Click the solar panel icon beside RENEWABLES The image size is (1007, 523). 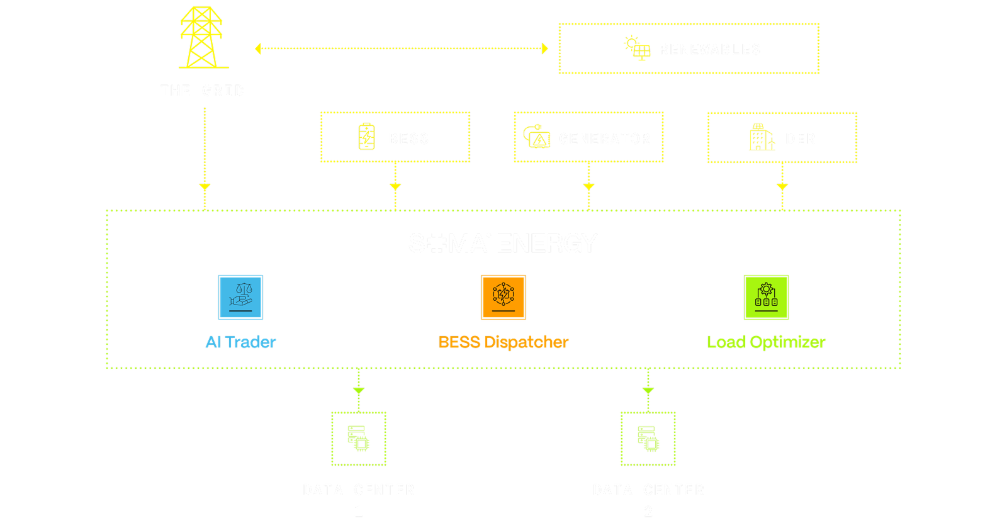click(638, 48)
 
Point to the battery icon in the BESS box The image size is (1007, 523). click(366, 137)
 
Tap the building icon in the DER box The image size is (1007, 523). click(762, 137)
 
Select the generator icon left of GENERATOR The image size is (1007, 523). click(536, 137)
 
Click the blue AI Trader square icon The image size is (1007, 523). click(240, 298)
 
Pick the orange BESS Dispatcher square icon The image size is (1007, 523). click(503, 298)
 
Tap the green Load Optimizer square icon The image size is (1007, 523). click(766, 298)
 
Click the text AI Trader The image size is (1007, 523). click(240, 342)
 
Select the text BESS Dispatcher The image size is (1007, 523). click(503, 342)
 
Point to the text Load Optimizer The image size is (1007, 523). click(766, 342)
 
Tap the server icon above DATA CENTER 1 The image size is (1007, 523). click(359, 438)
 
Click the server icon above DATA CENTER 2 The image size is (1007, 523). click(648, 438)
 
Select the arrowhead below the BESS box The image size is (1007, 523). click(395, 187)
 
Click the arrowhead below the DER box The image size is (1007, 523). click(782, 187)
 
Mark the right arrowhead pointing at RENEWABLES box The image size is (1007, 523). click(545, 48)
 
